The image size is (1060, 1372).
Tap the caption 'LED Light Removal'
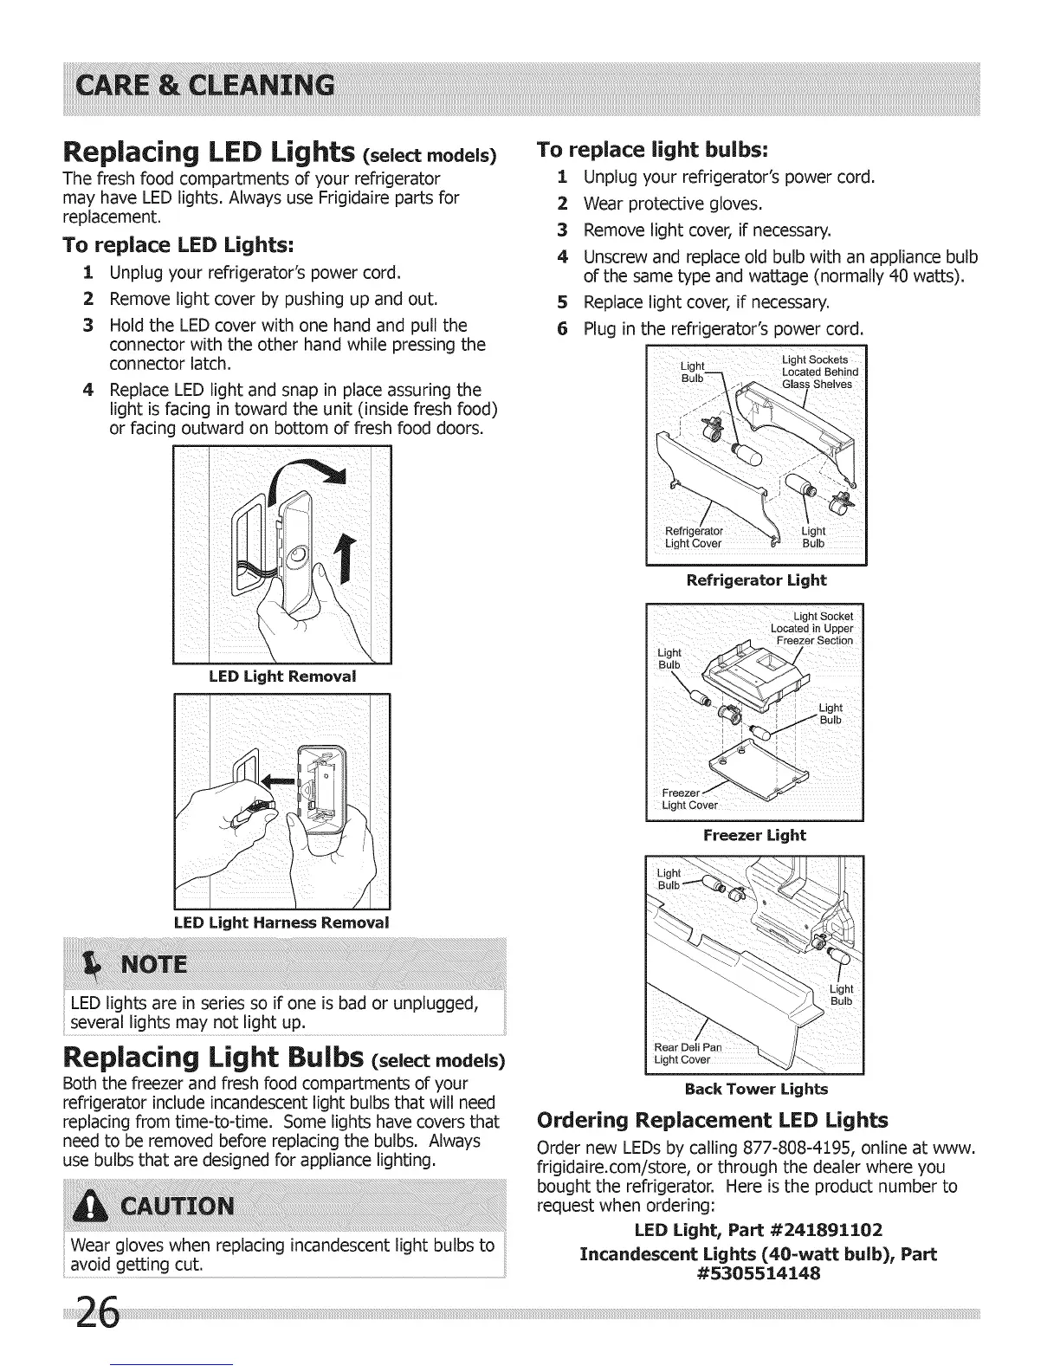point(282,676)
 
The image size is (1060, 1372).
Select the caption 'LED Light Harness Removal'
point(281,922)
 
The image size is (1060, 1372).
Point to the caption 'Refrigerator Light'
point(756,580)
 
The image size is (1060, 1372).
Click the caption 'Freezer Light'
point(754,835)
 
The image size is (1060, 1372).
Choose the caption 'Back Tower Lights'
point(755,1089)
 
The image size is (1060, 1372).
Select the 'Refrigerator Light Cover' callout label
point(694,537)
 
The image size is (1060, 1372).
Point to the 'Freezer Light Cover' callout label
point(689,799)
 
